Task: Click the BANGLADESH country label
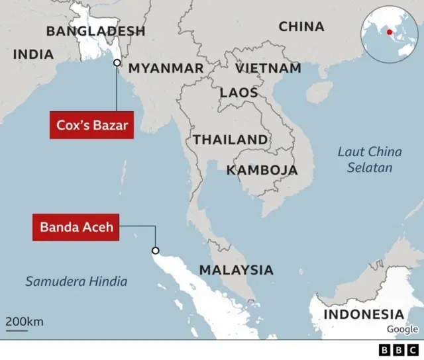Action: tap(95, 30)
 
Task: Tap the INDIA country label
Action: tap(33, 54)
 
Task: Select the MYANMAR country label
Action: tap(166, 68)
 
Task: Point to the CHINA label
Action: tap(301, 26)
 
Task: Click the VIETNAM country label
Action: tap(268, 68)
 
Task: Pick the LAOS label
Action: tap(238, 93)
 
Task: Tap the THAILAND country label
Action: tap(231, 140)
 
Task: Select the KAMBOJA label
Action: tap(262, 170)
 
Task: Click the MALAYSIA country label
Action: tap(236, 270)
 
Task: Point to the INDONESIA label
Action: tap(363, 314)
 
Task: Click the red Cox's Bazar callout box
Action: tap(91, 125)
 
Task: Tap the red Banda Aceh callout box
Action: tap(77, 227)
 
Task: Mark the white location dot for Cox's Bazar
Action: tap(117, 63)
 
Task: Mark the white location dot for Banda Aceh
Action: tap(156, 250)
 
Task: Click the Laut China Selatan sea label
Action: tap(370, 159)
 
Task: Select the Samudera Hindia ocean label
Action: tap(76, 281)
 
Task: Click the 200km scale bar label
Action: tap(25, 322)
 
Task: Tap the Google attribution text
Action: tap(402, 329)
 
